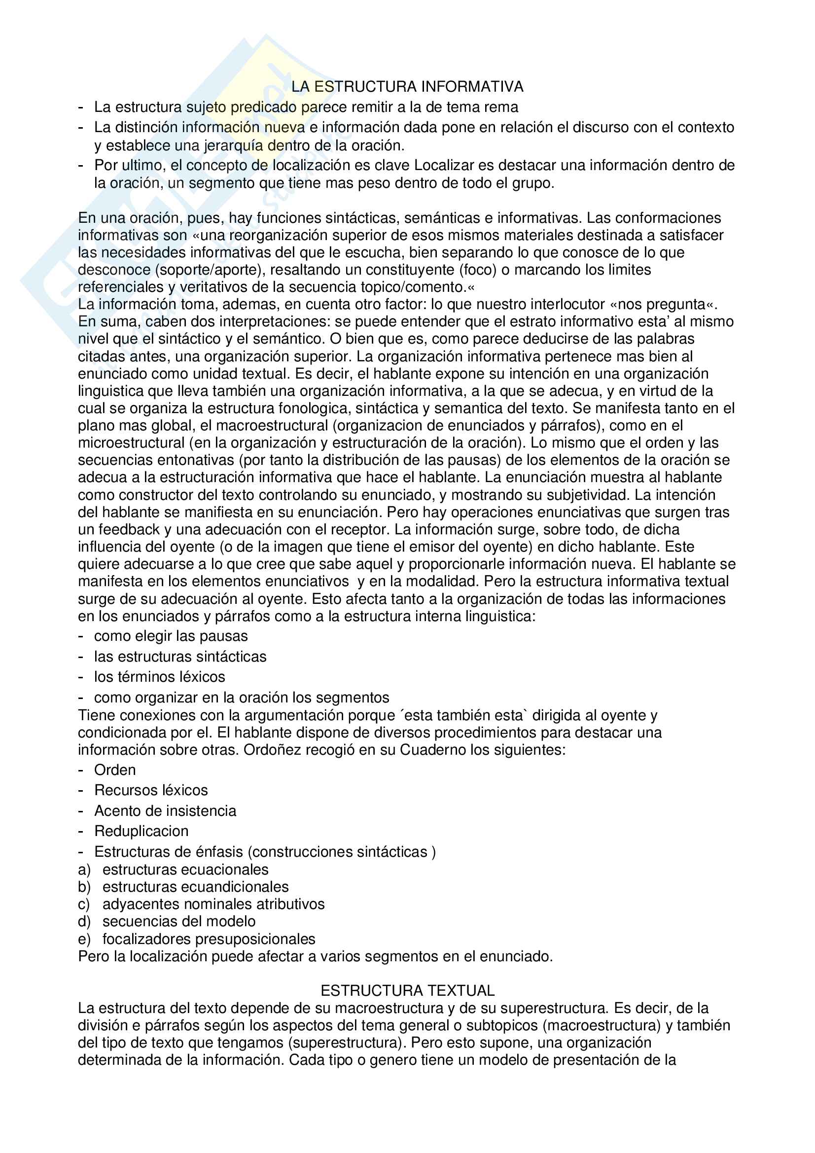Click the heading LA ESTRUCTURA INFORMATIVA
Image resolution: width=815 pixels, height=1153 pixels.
tap(407, 87)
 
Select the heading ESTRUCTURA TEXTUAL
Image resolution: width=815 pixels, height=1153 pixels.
tap(407, 991)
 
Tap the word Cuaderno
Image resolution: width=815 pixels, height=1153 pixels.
tap(432, 750)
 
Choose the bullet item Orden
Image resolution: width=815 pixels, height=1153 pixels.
tap(115, 770)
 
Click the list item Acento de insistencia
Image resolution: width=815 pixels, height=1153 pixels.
tap(165, 811)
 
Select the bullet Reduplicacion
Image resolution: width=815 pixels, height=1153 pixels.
tap(142, 831)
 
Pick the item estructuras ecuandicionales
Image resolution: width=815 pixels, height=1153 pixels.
tap(195, 887)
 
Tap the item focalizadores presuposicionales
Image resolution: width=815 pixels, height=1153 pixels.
tap(209, 939)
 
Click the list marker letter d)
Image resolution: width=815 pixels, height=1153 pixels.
tap(84, 921)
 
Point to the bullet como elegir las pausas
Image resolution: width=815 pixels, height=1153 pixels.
tap(171, 636)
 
